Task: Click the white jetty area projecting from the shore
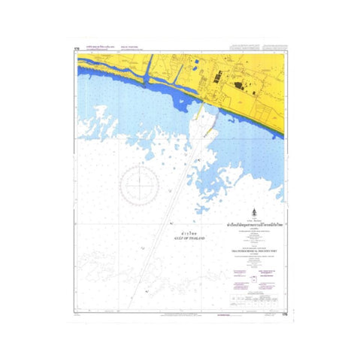tap(202, 124)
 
